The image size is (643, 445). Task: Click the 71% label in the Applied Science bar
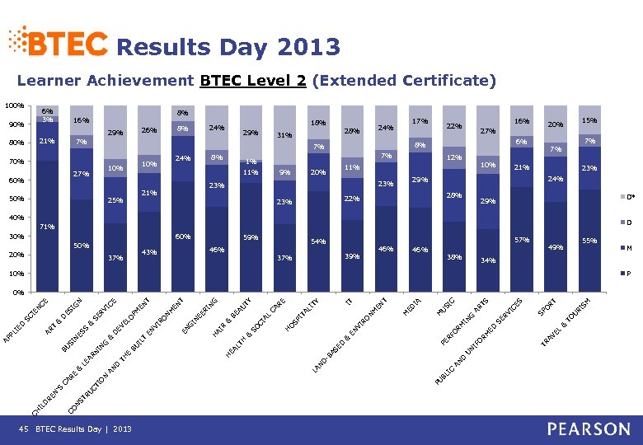pos(48,226)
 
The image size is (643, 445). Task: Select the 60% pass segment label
pos(183,237)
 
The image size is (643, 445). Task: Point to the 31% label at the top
pos(284,135)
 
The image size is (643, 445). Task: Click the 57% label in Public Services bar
pos(521,240)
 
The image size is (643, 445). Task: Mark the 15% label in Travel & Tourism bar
pos(589,121)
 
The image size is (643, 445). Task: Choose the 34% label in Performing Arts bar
pos(487,261)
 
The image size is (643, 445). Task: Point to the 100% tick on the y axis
pos(12,106)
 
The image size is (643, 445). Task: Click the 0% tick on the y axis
pos(16,293)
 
